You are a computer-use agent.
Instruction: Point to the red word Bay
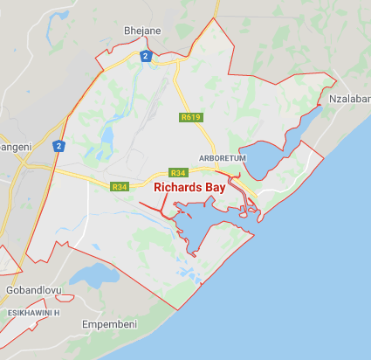(x=225, y=187)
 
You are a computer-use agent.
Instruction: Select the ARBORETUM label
(x=223, y=157)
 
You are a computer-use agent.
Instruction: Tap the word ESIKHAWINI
(x=26, y=312)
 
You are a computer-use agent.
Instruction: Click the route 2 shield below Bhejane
(x=147, y=57)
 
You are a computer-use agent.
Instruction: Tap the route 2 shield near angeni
(x=58, y=147)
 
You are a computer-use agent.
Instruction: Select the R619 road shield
(x=190, y=116)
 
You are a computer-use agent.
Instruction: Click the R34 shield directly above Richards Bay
(x=178, y=172)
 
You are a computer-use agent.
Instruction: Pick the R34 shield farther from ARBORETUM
(x=120, y=186)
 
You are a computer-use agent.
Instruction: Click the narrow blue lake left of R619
(x=110, y=138)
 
